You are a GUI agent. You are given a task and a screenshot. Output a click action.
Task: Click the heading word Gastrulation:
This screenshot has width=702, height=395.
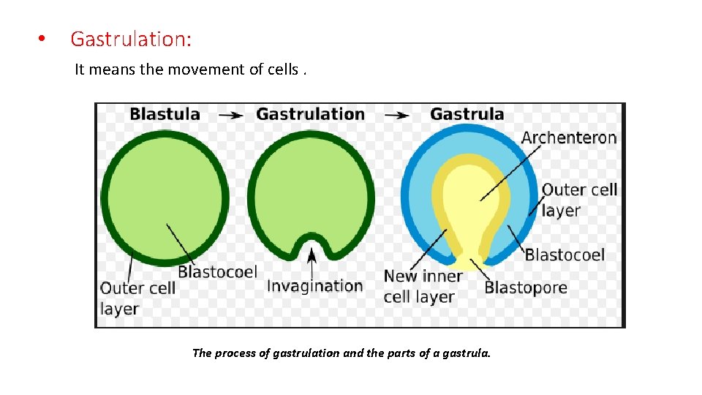click(x=131, y=39)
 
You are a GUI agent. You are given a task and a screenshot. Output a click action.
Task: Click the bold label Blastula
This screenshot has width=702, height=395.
click(x=165, y=114)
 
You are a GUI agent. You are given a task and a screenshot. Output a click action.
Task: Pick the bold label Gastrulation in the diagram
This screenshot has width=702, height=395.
click(x=310, y=114)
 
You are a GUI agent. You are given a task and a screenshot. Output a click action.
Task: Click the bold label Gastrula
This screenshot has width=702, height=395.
click(x=467, y=114)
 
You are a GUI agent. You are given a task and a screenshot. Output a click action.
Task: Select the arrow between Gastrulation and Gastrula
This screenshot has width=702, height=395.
click(x=397, y=115)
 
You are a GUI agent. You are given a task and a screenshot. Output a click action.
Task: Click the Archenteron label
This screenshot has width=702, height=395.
click(x=569, y=138)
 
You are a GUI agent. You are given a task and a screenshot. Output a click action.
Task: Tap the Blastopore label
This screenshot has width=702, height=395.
click(x=526, y=287)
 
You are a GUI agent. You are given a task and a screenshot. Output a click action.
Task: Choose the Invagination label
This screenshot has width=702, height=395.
click(x=314, y=285)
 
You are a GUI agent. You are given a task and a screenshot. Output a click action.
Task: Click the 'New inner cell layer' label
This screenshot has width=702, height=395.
click(x=422, y=286)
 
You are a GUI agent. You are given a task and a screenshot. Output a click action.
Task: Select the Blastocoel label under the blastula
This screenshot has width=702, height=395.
click(x=217, y=272)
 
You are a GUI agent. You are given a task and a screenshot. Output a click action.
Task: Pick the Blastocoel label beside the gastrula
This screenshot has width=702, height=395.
click(x=565, y=255)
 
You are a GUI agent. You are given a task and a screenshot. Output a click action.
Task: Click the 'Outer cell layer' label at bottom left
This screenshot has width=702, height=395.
click(x=137, y=298)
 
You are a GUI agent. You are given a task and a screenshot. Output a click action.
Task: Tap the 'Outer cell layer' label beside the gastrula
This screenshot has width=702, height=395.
click(x=579, y=200)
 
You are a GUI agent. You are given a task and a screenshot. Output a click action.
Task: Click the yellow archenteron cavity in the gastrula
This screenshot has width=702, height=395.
click(x=472, y=197)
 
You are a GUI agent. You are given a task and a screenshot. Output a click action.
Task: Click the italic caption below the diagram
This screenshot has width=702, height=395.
click(x=341, y=353)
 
